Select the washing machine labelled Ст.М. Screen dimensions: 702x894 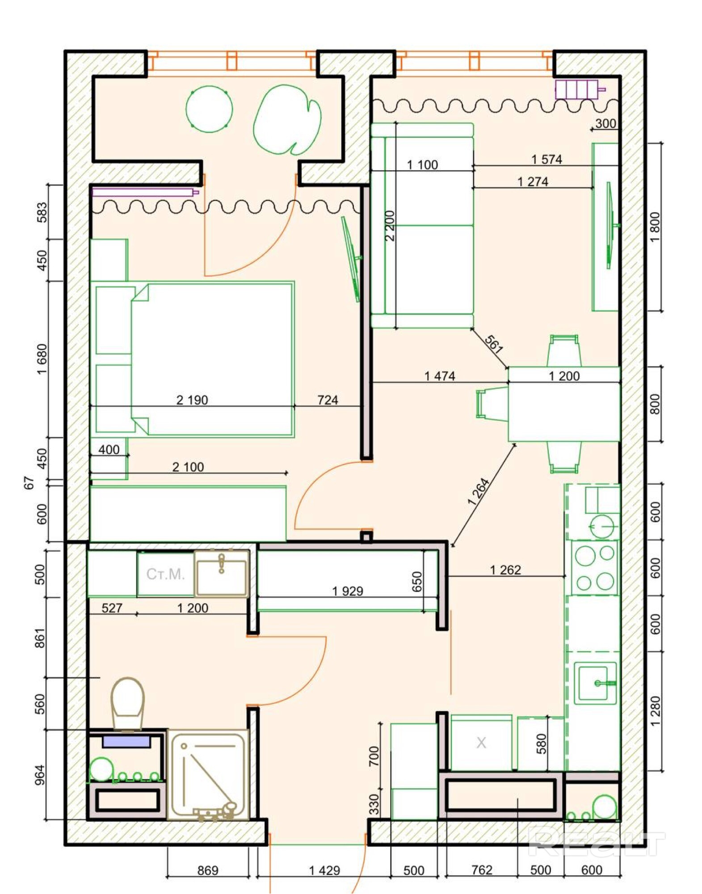165,574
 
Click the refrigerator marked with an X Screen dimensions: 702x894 481,743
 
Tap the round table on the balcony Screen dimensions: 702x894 209,109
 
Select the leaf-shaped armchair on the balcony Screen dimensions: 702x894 287,120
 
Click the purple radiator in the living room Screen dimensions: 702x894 580,89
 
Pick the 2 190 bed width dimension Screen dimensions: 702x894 192,400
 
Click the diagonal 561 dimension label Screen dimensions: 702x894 494,344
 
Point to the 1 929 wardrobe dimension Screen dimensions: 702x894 348,591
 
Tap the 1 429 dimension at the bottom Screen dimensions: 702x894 324,870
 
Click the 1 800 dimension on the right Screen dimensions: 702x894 655,227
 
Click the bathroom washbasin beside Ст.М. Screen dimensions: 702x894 222,574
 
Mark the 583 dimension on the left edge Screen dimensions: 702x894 42,212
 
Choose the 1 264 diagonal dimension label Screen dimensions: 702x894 479,491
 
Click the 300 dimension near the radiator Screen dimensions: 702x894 606,123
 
